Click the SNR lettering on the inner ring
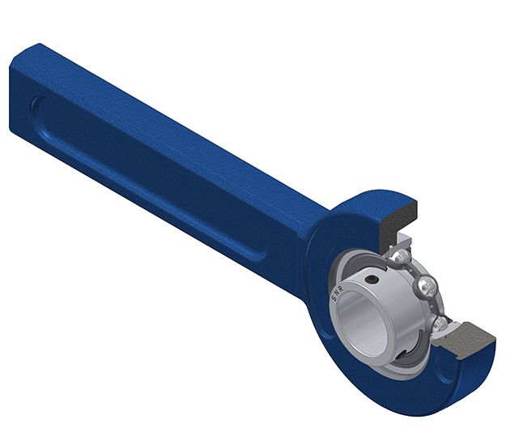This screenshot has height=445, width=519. [338, 293]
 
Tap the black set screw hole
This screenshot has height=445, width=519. [372, 280]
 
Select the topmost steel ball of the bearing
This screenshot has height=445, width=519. [402, 255]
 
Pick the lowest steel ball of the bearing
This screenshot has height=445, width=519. [439, 324]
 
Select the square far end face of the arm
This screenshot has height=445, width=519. [25, 92]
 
